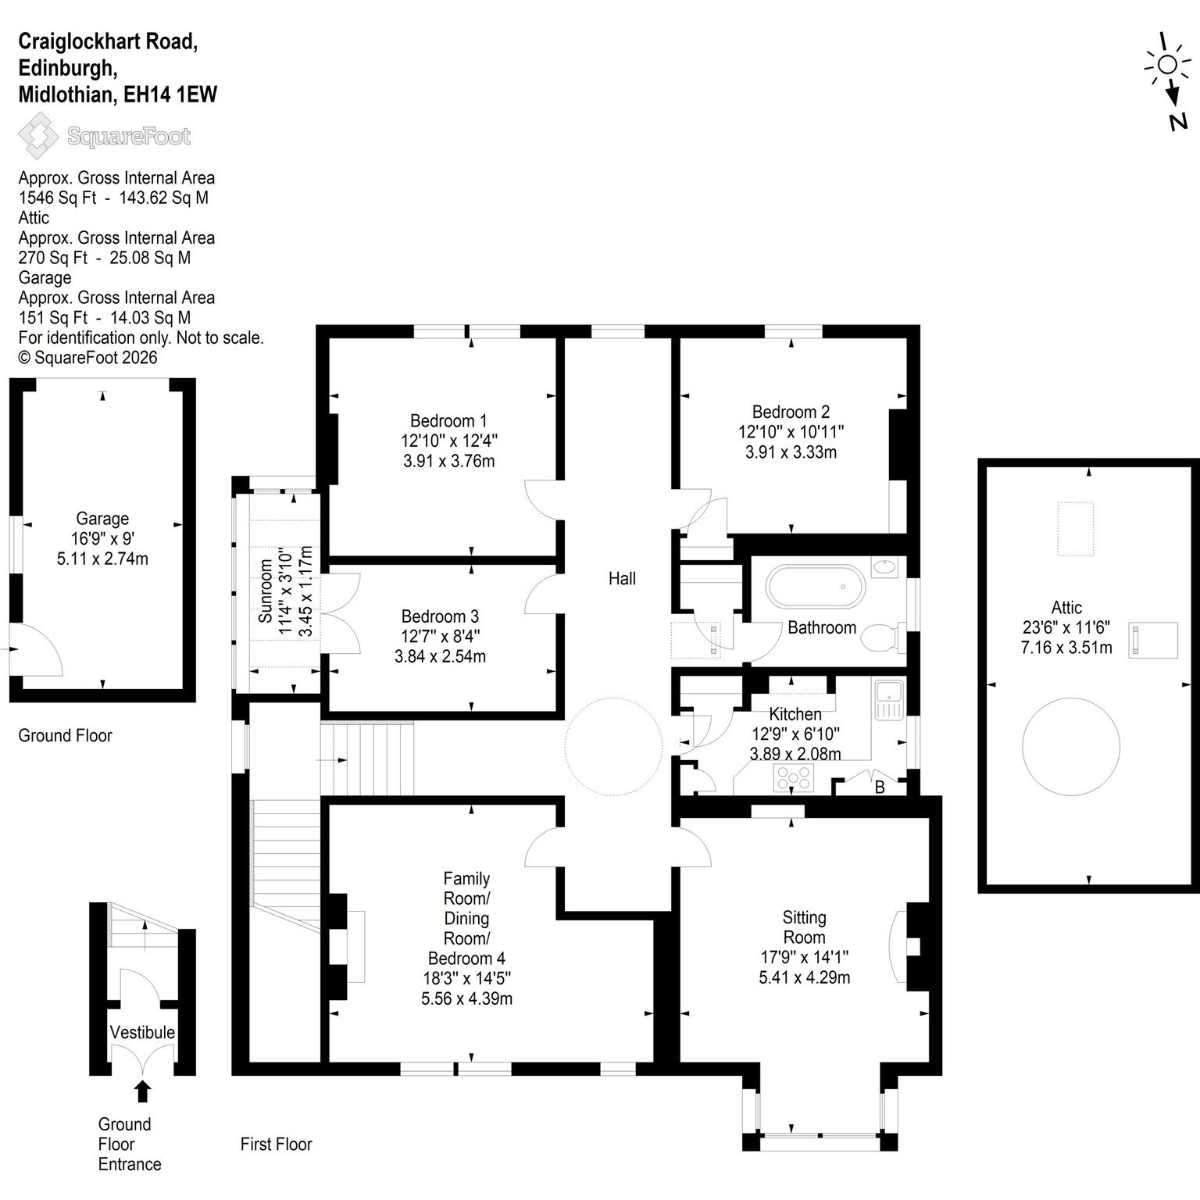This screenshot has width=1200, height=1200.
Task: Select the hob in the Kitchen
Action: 794,777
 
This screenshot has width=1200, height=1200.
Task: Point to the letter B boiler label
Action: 880,787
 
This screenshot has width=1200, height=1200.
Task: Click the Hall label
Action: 622,579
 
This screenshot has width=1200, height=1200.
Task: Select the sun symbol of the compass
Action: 1167,64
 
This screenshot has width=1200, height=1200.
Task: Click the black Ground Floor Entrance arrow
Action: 142,1091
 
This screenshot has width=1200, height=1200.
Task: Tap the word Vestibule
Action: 142,1032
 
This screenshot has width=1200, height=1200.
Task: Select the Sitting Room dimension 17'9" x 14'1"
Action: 804,957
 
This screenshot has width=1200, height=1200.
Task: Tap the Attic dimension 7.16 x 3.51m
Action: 1066,648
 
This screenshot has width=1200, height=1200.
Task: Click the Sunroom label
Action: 266,591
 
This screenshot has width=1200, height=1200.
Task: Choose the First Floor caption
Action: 277,1145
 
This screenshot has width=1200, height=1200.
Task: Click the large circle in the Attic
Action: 1066,737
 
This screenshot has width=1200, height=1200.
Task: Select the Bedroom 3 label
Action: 440,616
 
